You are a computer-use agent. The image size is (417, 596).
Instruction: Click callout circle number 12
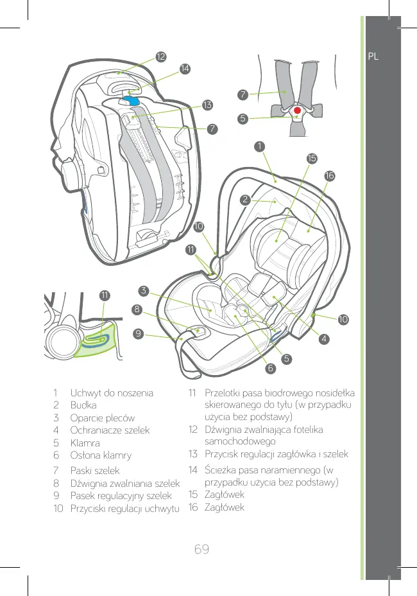[x=160, y=57]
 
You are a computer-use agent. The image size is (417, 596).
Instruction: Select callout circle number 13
[x=207, y=104]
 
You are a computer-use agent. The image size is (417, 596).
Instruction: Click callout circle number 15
[x=311, y=158]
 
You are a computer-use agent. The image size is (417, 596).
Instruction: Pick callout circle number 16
[x=329, y=175]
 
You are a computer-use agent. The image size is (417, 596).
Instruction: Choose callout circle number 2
[x=245, y=199]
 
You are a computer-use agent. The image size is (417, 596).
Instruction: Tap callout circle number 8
[x=137, y=310]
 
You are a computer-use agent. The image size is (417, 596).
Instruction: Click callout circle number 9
[x=138, y=333]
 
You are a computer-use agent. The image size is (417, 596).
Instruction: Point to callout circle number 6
[x=271, y=369]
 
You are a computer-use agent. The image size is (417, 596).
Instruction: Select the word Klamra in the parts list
[x=86, y=443]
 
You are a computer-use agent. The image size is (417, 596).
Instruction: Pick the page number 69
[x=203, y=550]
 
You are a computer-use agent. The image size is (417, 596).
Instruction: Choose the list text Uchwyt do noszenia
[x=112, y=393]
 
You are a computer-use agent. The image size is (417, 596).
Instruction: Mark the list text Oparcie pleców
[x=102, y=418]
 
